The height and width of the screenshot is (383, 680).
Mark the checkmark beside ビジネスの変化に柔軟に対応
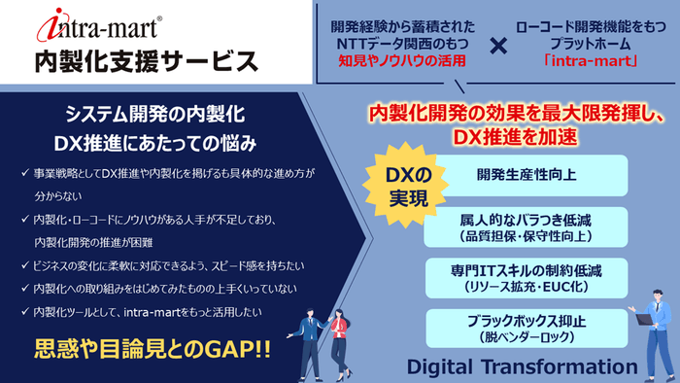pos(24,265)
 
